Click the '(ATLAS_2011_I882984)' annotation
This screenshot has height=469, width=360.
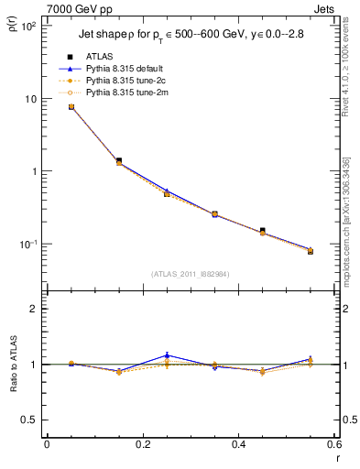pyautogui.click(x=190, y=273)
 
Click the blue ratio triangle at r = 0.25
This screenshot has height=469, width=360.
pyautogui.click(x=167, y=355)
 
